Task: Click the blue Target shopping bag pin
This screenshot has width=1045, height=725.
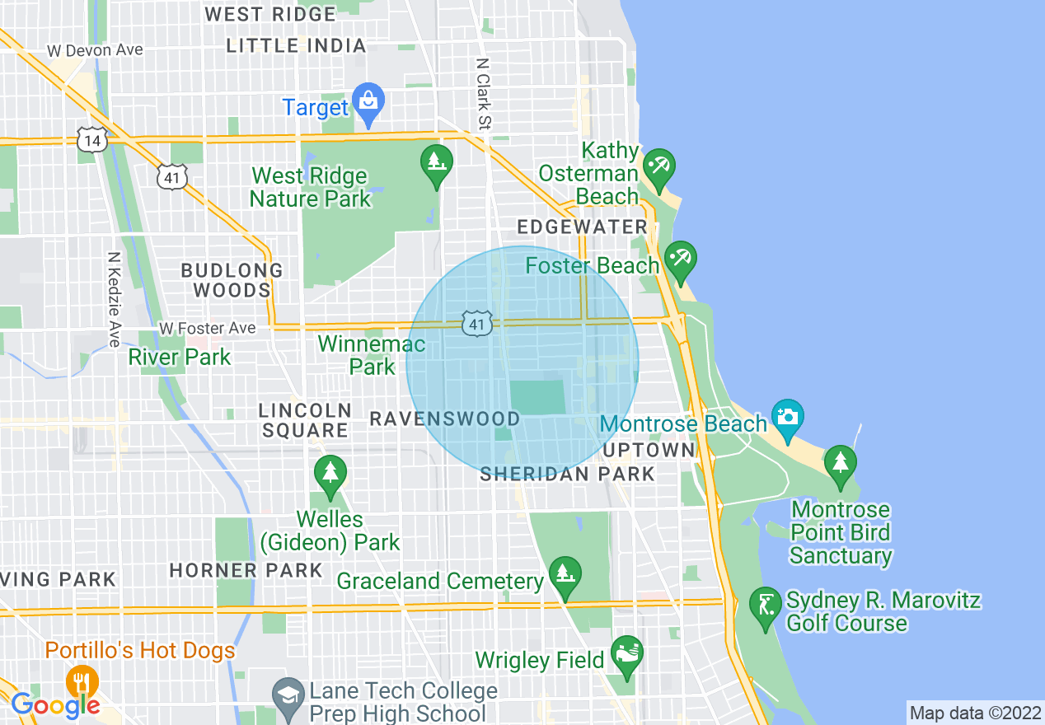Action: pyautogui.click(x=368, y=101)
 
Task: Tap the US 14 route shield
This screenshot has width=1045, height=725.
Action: pyautogui.click(x=91, y=140)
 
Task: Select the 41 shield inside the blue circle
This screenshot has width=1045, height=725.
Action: pyautogui.click(x=477, y=324)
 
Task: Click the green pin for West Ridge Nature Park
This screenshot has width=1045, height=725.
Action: pyautogui.click(x=437, y=163)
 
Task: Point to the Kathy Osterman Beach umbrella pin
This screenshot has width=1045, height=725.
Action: pyautogui.click(x=659, y=167)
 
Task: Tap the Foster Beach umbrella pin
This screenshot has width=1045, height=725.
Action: pyautogui.click(x=681, y=260)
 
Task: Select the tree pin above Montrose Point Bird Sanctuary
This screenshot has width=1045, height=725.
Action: pyautogui.click(x=840, y=464)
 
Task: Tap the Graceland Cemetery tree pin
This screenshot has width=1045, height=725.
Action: pyautogui.click(x=565, y=574)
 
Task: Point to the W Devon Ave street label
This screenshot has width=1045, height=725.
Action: pyautogui.click(x=95, y=50)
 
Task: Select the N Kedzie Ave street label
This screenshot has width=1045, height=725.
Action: pyautogui.click(x=114, y=298)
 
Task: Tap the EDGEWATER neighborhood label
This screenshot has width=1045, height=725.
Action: pyautogui.click(x=582, y=227)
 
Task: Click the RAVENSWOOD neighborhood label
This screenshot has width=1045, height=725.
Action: pyautogui.click(x=444, y=419)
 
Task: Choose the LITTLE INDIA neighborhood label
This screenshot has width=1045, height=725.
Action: pyautogui.click(x=296, y=46)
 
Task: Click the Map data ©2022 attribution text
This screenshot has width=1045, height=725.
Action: pyautogui.click(x=975, y=712)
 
